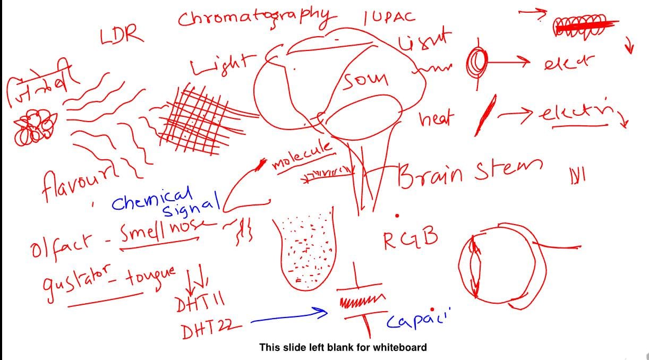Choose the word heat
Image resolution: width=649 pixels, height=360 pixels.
437,120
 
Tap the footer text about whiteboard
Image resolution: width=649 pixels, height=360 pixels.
343,348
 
